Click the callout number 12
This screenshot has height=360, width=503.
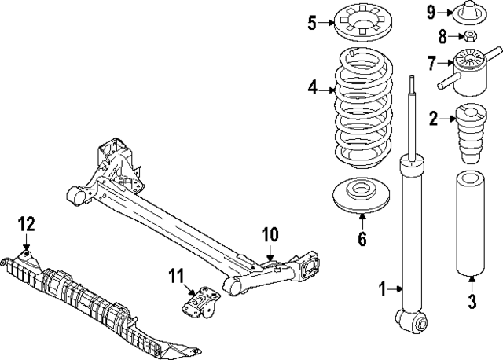26,224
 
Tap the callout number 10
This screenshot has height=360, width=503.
270,234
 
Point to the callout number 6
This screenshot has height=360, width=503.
362,239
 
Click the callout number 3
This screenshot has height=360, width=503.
472,302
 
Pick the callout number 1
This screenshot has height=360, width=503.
382,288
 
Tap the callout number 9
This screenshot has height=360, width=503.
431,13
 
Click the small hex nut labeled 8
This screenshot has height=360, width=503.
470,35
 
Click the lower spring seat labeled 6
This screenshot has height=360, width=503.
362,196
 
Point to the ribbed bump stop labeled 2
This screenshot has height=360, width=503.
471,134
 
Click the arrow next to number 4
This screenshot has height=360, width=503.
328,90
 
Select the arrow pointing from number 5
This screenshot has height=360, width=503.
327,23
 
